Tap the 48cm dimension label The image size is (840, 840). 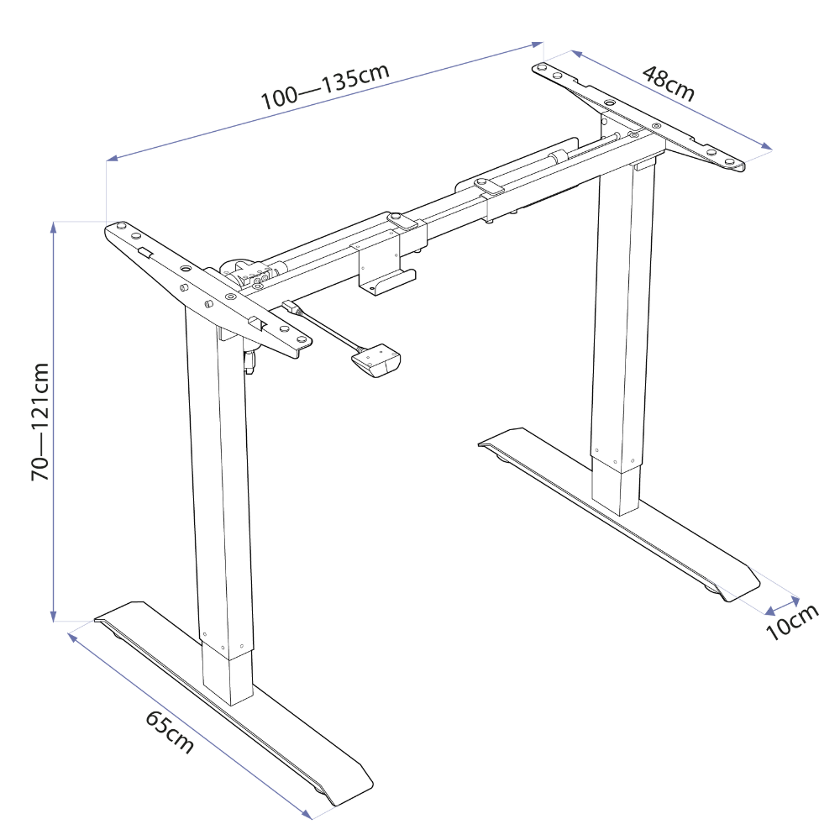[668, 83]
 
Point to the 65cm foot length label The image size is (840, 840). [169, 732]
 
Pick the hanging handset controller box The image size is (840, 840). [375, 362]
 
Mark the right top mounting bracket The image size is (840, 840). [643, 118]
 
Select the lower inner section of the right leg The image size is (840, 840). [616, 487]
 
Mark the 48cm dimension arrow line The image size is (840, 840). [664, 100]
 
